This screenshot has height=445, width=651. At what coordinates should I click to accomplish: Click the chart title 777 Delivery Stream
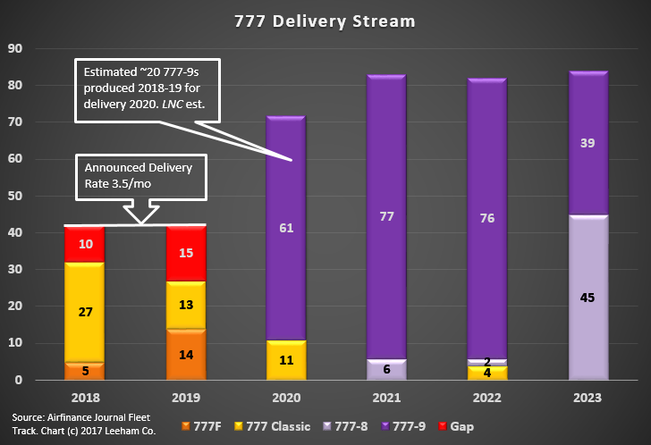point(325,19)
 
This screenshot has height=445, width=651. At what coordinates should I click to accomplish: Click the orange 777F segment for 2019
point(187,354)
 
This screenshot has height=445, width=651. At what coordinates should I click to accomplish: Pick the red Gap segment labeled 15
point(187,253)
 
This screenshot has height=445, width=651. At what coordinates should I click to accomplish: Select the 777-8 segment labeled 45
point(587,298)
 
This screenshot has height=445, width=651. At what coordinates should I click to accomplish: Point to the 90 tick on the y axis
point(16,48)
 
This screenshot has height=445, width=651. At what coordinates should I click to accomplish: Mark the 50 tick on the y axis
point(16,196)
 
